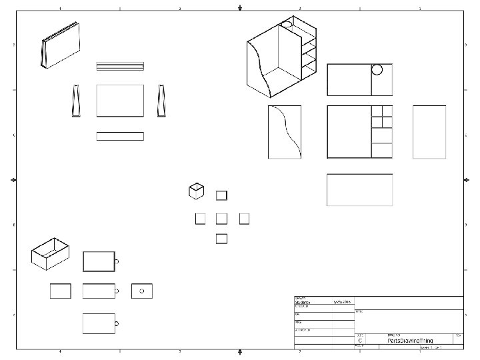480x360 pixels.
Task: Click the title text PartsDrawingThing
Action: tap(410, 341)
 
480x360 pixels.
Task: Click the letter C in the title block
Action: tap(361, 340)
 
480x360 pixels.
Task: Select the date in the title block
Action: tap(341, 302)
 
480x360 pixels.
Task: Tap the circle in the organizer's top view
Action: tap(377, 69)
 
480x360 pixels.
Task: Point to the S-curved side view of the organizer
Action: tap(285, 132)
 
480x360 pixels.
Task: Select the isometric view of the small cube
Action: tap(196, 191)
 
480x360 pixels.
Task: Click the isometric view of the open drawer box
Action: tap(51, 253)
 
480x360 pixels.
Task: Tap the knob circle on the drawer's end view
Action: tap(142, 291)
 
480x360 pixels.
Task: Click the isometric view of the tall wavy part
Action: tap(61, 45)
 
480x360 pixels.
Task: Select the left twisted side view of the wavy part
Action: tap(75, 101)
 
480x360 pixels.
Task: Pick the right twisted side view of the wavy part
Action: tap(161, 101)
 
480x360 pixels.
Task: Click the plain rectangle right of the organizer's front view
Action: tap(429, 132)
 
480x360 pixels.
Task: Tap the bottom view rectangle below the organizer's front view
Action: tap(359, 189)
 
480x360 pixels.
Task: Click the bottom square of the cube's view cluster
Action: tap(222, 238)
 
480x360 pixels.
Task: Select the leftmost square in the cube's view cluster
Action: tap(200, 218)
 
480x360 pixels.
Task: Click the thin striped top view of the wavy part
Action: tap(120, 66)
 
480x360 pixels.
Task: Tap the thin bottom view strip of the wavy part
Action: tap(120, 136)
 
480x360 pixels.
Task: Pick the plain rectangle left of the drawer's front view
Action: tap(61, 291)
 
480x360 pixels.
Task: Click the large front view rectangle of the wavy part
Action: tap(120, 101)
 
